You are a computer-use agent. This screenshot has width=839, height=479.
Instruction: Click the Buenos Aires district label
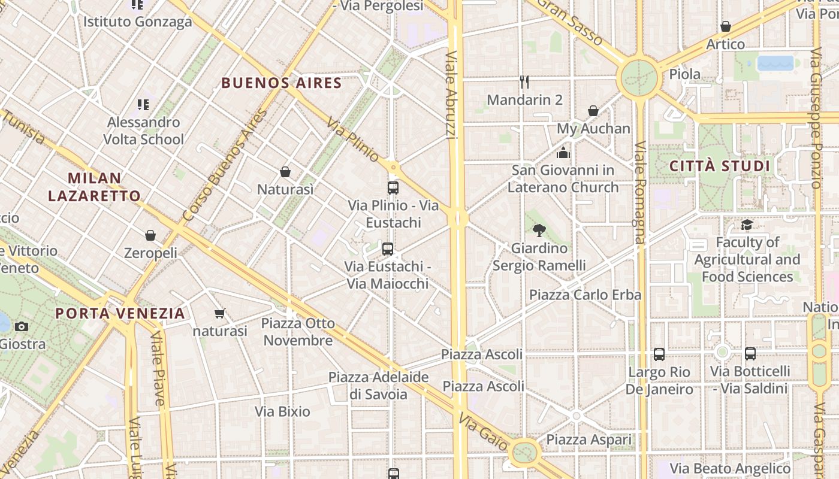[282, 83]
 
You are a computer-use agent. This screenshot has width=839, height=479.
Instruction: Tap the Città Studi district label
[719, 166]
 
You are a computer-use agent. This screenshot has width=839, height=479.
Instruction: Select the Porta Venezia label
[120, 313]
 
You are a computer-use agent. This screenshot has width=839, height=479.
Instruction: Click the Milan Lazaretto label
[95, 187]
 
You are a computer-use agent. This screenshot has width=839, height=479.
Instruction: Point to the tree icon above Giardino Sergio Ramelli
[539, 230]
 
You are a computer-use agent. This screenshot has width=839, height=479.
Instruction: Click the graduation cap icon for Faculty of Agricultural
[747, 225]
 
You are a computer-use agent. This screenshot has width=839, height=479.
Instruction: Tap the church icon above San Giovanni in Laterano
[563, 153]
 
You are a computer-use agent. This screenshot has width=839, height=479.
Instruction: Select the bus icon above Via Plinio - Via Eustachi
[393, 187]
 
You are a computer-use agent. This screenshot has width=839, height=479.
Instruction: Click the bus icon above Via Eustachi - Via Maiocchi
[388, 248]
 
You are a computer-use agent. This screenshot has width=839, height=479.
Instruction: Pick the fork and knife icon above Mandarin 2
[524, 81]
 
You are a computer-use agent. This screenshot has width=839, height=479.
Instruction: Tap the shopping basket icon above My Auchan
[593, 111]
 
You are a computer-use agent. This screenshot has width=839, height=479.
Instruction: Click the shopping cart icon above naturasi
[220, 313]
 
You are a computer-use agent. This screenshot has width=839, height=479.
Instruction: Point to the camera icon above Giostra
[22, 326]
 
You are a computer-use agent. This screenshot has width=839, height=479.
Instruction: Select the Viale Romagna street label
[641, 192]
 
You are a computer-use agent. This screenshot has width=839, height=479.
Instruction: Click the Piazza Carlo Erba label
[585, 295]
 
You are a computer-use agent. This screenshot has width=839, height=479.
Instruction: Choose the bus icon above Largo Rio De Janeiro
[659, 354]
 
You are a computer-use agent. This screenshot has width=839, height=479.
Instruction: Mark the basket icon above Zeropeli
[150, 235]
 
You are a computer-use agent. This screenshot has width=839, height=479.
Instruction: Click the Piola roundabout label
[684, 74]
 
